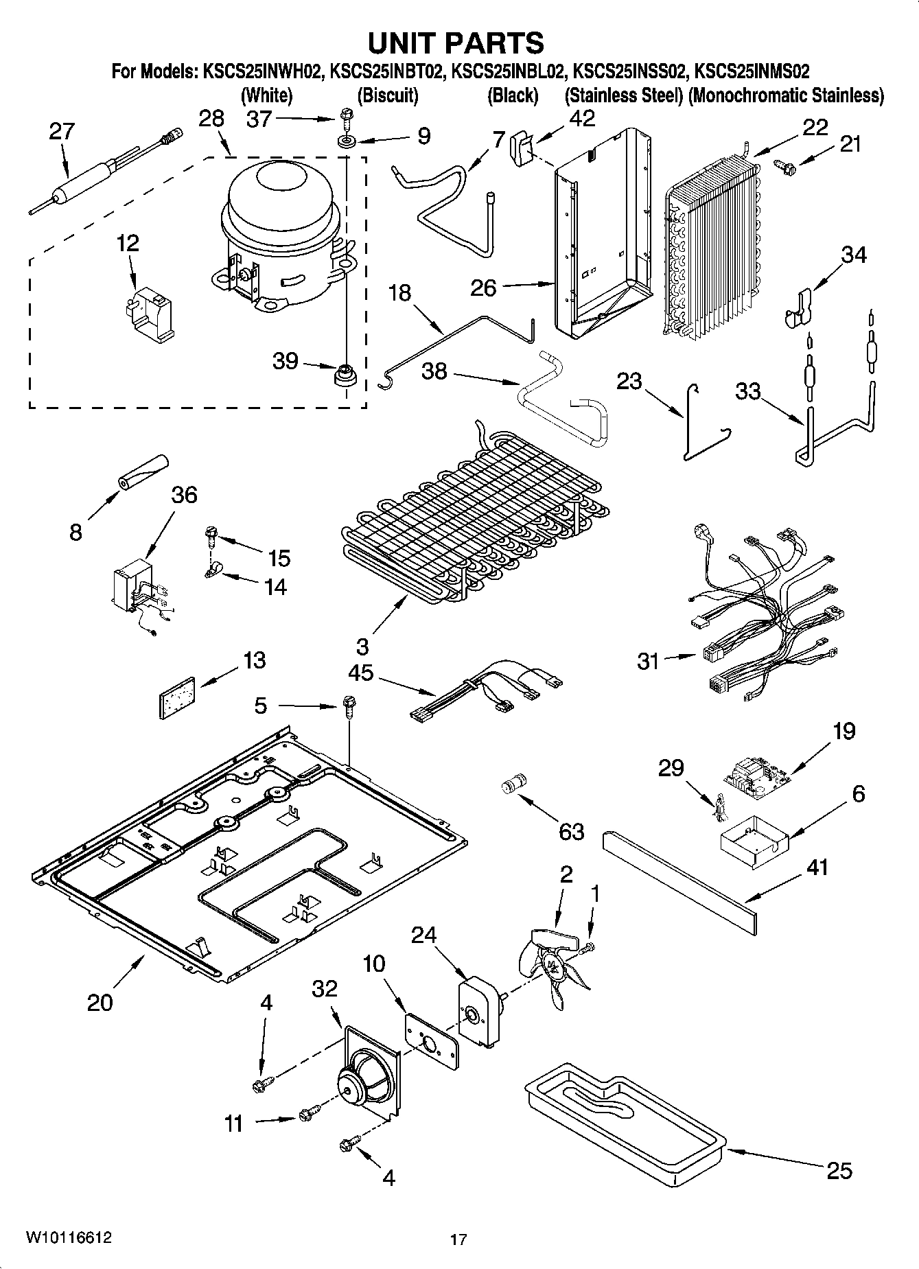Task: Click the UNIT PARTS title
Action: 456,43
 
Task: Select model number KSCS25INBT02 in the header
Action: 387,71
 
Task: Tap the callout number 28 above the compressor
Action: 211,118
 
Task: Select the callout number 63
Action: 571,831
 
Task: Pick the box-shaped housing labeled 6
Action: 751,840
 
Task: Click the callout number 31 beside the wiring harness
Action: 649,661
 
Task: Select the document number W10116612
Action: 69,1237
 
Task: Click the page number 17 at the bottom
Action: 458,1239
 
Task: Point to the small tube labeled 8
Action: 143,474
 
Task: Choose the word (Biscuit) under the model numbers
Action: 388,95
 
